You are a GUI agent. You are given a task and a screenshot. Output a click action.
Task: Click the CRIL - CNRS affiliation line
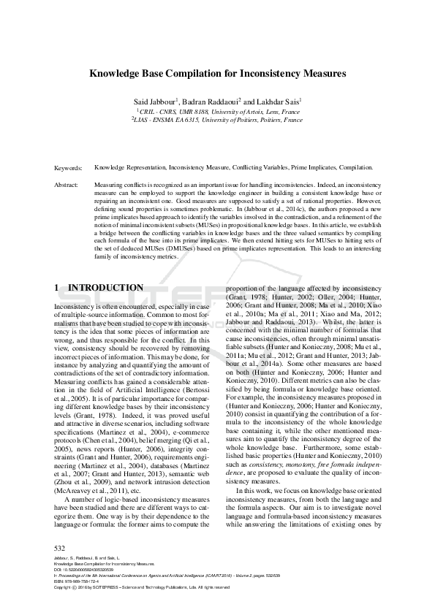217,112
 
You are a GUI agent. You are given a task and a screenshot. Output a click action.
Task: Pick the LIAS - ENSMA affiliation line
217,121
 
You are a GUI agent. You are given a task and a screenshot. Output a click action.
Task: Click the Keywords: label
69,167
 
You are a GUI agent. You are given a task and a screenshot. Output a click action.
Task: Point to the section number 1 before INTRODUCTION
58,289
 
